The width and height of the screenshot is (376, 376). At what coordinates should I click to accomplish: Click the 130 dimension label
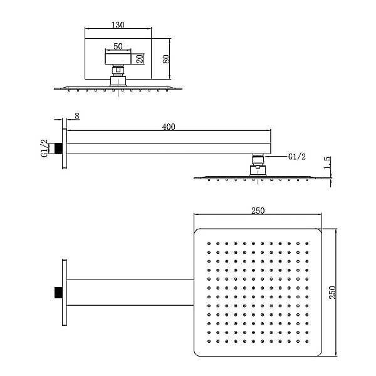118,25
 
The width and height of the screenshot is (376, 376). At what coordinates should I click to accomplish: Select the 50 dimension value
118,46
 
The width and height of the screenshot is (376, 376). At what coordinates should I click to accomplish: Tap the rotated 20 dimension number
140,58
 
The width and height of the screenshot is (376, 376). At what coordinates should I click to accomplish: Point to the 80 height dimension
166,59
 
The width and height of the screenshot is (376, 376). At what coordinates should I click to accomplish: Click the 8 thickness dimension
76,116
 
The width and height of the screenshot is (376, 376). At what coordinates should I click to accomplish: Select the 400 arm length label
169,127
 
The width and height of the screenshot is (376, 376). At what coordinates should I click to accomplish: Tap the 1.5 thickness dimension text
327,162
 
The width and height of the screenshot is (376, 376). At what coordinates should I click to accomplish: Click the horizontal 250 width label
258,211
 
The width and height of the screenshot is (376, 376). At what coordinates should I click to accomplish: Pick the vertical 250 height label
332,292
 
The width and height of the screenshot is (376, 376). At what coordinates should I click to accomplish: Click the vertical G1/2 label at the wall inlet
44,148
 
